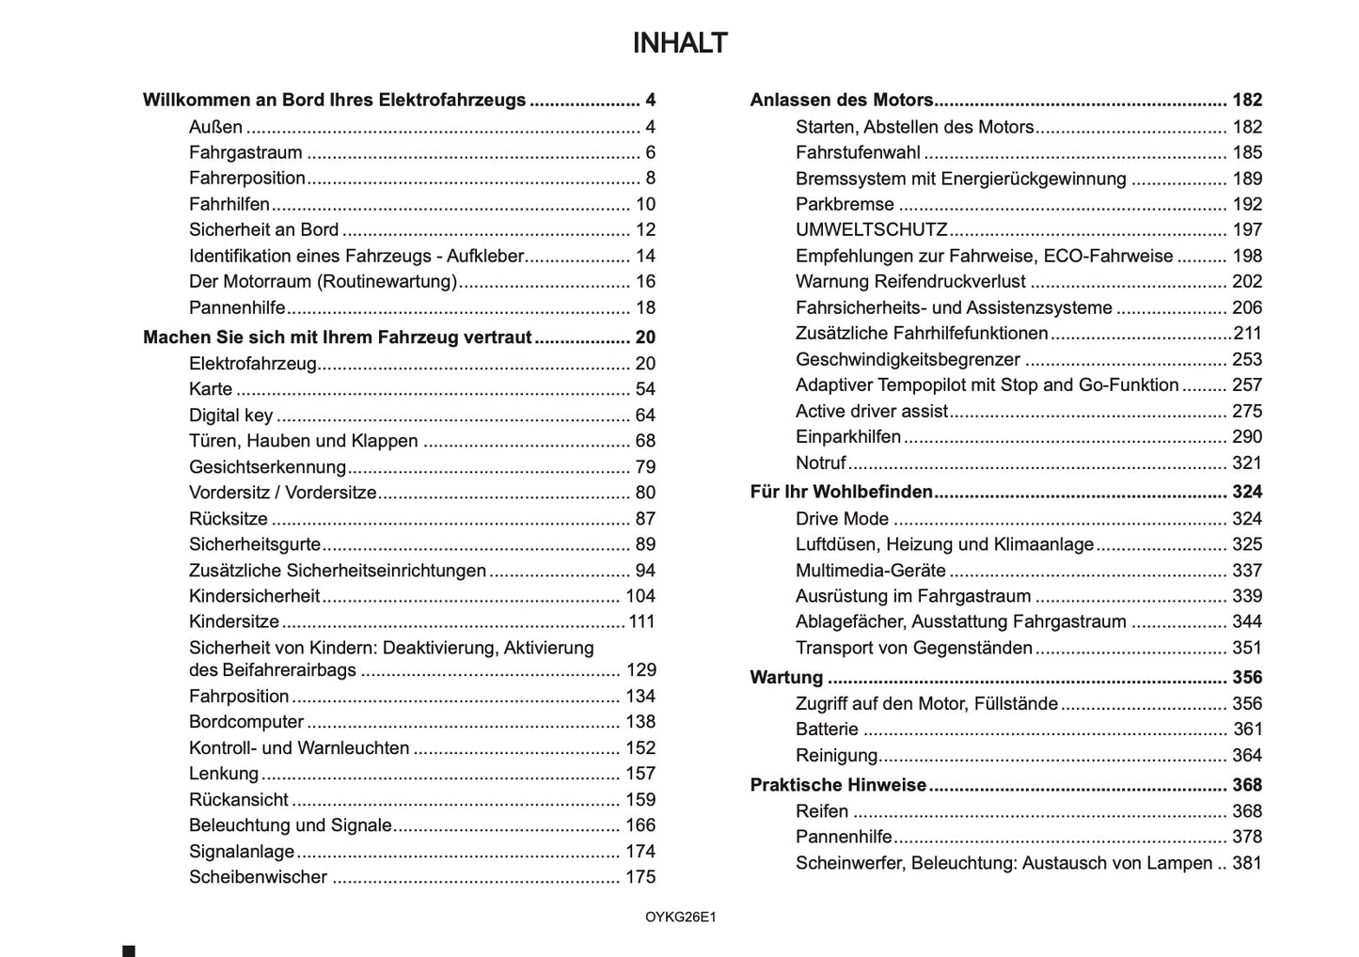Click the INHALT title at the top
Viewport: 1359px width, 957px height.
tap(679, 43)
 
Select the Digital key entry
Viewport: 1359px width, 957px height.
tap(230, 416)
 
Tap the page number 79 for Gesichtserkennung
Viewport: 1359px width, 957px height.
tap(645, 467)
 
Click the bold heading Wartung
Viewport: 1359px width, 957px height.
tap(786, 678)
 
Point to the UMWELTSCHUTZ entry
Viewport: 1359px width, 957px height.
tap(871, 230)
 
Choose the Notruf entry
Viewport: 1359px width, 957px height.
tap(820, 463)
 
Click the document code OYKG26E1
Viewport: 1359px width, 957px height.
tap(680, 918)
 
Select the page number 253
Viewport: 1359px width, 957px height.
tap(1247, 359)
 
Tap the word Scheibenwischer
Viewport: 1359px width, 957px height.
tap(258, 877)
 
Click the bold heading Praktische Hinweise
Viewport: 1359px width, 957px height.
tap(838, 785)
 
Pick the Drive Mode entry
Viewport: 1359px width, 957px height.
tap(842, 519)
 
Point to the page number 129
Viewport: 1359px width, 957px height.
tap(640, 670)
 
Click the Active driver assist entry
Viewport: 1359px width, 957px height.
tap(871, 411)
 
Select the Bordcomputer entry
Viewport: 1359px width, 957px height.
tap(246, 722)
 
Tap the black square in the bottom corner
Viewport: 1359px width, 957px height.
tap(129, 951)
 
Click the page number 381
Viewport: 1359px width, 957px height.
tap(1247, 863)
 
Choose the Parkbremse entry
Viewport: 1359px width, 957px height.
tap(845, 204)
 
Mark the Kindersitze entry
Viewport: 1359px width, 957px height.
tap(234, 621)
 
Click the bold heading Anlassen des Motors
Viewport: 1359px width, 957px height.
tap(842, 101)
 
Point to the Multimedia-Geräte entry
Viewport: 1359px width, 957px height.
tap(870, 571)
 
